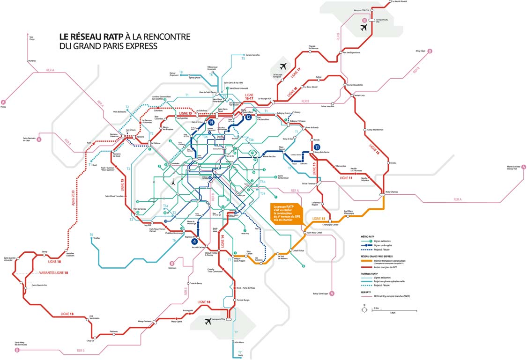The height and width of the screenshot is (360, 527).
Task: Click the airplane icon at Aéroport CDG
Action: pos(364,27)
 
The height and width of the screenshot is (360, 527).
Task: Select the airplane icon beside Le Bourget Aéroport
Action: pos(282,66)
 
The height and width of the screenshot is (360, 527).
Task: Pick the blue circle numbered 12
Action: pos(248,117)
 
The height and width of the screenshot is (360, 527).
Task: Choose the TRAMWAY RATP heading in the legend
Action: pos(367,272)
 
